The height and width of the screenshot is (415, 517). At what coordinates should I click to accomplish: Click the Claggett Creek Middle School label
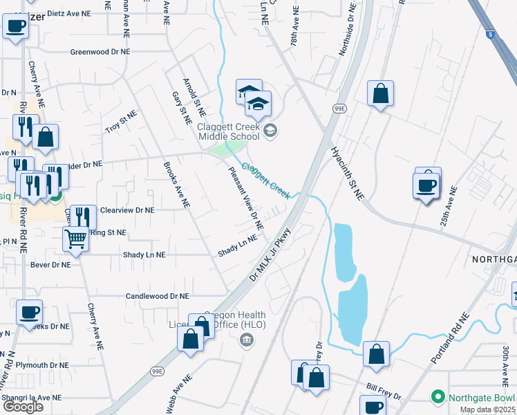(228, 131)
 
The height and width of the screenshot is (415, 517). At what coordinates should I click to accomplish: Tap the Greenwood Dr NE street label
(100, 52)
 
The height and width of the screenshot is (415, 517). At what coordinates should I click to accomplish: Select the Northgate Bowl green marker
(437, 397)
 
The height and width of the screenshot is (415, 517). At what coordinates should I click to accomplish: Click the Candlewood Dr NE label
(157, 296)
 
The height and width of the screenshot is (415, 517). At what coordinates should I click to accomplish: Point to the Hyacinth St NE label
(347, 173)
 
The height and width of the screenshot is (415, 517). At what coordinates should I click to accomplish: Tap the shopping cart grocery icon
(75, 239)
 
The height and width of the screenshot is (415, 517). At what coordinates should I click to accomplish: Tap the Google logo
(23, 407)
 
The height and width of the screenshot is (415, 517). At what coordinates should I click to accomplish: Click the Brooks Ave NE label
(176, 185)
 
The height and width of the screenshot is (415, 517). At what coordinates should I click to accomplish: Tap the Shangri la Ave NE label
(31, 398)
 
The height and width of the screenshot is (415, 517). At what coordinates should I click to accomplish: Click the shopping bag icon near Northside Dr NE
(380, 93)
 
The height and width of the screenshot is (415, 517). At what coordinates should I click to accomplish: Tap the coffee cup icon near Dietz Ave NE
(16, 27)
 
